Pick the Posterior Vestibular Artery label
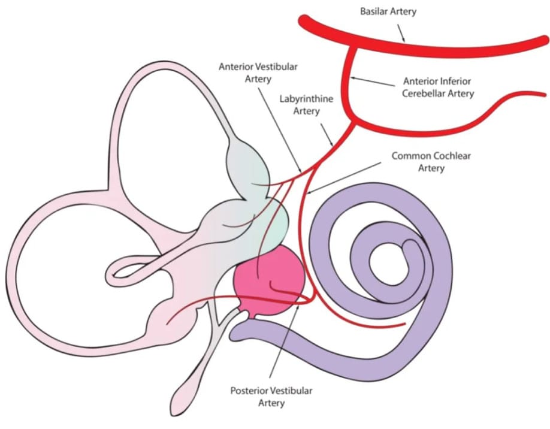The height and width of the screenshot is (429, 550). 271,397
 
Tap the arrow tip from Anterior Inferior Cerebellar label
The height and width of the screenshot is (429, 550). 353,78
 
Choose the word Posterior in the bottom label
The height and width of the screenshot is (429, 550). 251,391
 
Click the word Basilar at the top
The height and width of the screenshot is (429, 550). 374,12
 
